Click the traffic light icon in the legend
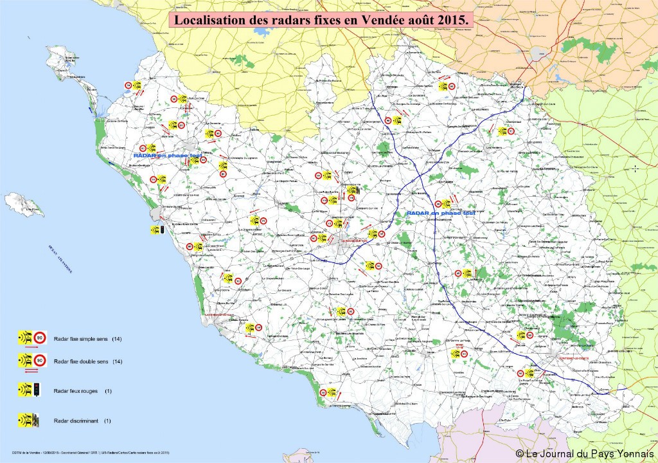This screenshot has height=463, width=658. [x=37, y=390]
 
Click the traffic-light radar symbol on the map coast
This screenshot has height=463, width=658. [x=158, y=229]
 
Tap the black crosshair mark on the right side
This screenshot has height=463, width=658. [x=636, y=168]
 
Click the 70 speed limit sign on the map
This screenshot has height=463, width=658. [x=263, y=221]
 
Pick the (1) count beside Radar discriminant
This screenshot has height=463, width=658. [x=107, y=421]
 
